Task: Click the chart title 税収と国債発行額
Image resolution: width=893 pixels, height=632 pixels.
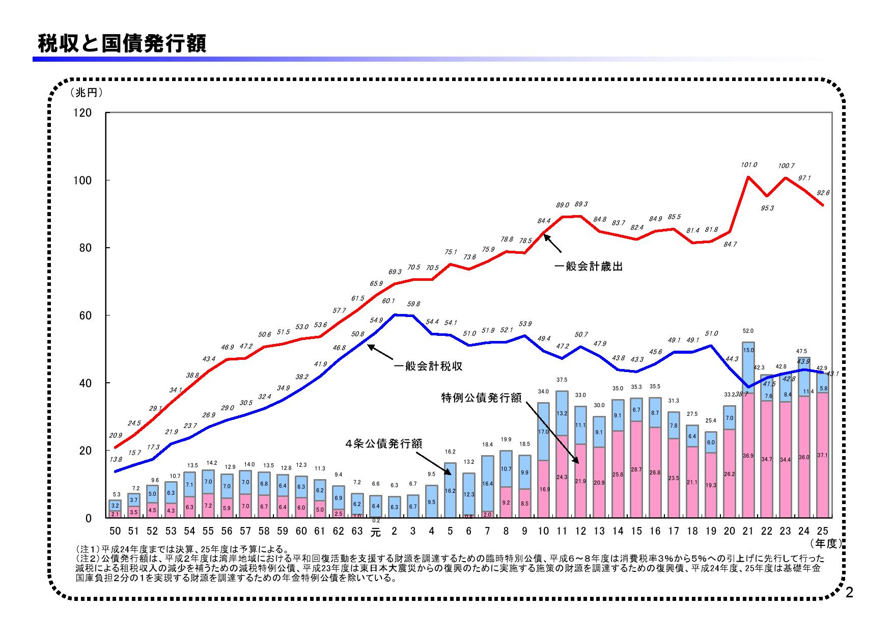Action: [122, 44]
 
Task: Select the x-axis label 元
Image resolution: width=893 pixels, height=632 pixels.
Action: [375, 532]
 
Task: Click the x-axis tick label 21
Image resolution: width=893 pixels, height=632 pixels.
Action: [748, 531]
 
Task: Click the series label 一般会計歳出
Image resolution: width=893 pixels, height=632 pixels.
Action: [588, 267]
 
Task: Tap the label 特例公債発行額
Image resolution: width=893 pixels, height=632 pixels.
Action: [481, 398]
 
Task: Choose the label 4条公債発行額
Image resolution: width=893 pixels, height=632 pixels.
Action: [383, 443]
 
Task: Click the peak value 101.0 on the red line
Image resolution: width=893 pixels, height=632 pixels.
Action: [749, 165]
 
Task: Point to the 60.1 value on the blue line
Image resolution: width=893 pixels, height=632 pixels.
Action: [389, 301]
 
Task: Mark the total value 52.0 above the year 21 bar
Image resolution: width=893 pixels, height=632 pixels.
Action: [748, 331]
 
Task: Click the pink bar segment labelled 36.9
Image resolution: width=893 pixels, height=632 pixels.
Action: [748, 456]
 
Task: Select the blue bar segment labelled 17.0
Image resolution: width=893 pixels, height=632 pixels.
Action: [543, 431]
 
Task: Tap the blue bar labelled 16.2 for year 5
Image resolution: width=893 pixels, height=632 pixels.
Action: [450, 490]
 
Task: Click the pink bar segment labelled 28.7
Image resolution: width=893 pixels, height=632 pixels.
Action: [636, 469]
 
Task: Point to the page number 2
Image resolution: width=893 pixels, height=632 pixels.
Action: [849, 593]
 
